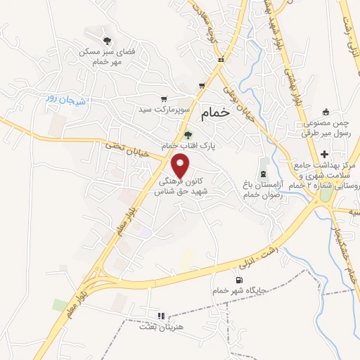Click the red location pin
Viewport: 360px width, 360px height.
[181, 167]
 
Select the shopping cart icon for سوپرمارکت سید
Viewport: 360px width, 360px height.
[164, 99]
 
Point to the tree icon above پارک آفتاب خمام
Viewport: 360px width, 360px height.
[187, 134]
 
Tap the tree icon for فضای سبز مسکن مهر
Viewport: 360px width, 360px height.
[107, 41]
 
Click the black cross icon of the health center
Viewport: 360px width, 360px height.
[323, 154]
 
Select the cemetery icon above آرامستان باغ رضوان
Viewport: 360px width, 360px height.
[264, 173]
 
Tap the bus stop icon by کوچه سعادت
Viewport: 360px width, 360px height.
[221, 60]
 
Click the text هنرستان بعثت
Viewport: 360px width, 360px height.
[161, 328]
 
